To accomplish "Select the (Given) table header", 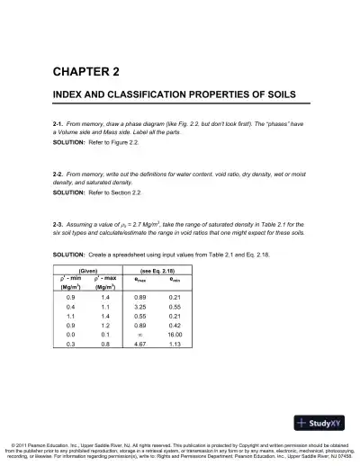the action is [x=89, y=271].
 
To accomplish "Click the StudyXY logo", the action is [x=323, y=421].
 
